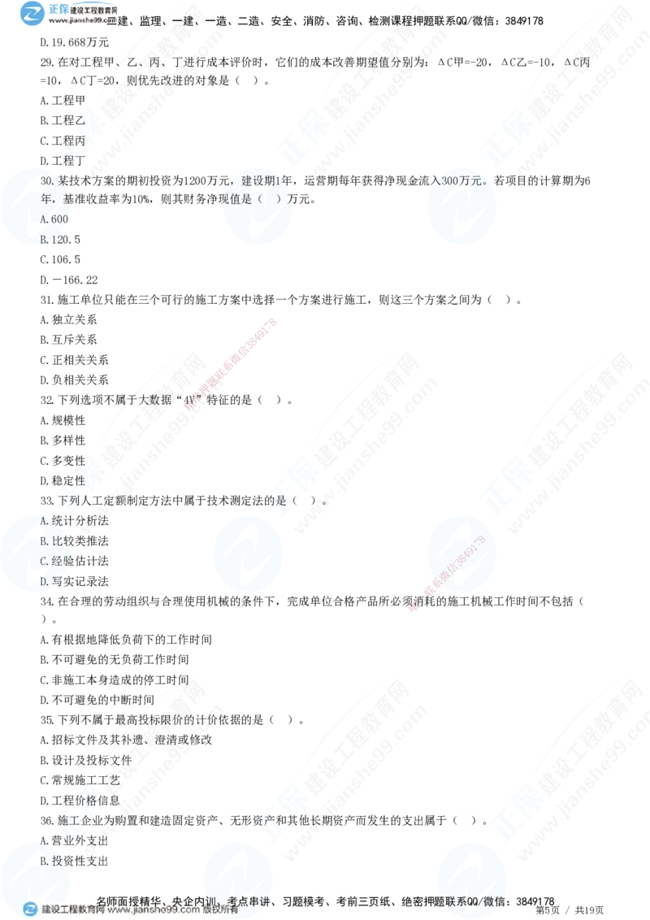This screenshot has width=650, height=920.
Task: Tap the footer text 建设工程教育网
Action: click(x=73, y=910)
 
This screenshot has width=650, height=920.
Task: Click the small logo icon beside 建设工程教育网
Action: click(x=30, y=909)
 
